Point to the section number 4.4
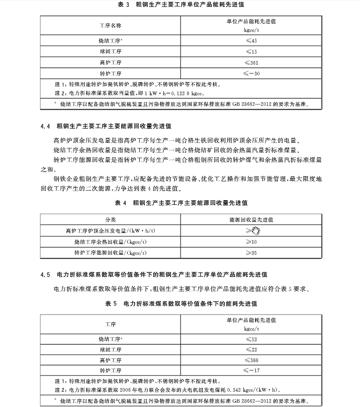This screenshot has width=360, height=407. [x=45, y=125]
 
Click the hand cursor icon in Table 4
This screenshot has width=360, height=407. [x=256, y=230]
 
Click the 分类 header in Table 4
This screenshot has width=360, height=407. [x=110, y=220]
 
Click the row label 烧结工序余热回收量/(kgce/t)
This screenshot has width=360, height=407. [x=111, y=242]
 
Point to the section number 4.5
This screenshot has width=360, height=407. [x=45, y=275]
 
